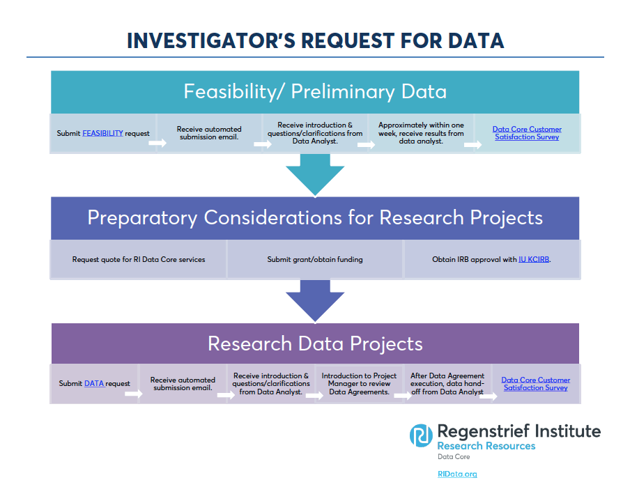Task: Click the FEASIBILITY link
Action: (x=102, y=133)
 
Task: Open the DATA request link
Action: (x=94, y=383)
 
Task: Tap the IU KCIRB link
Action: (x=534, y=259)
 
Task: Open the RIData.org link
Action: (x=457, y=474)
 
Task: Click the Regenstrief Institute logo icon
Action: (x=421, y=435)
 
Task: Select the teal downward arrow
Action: (x=315, y=175)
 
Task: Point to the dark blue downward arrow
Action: (x=315, y=301)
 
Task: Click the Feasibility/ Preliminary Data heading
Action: (x=315, y=91)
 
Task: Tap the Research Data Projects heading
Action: (x=315, y=343)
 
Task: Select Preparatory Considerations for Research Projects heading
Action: (x=315, y=217)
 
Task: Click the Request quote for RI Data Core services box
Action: (x=138, y=259)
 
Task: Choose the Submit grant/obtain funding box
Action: (x=315, y=259)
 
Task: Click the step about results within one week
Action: (x=421, y=133)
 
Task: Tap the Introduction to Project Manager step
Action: (x=359, y=384)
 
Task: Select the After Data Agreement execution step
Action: (x=447, y=384)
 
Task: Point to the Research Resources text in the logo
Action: (x=486, y=446)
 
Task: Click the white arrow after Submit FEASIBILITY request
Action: (x=157, y=143)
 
